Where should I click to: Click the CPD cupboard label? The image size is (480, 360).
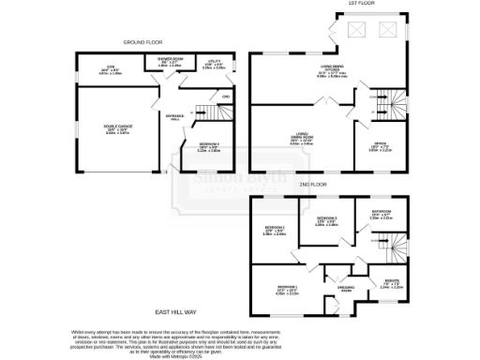[x=226, y=97]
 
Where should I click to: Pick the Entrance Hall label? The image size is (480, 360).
[x=174, y=117]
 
